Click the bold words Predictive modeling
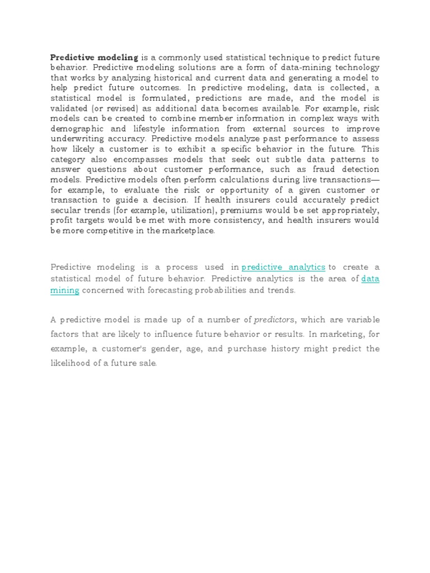(94, 58)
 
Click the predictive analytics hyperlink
(283, 267)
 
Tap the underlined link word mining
(65, 290)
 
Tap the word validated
(72, 109)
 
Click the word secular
(66, 210)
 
